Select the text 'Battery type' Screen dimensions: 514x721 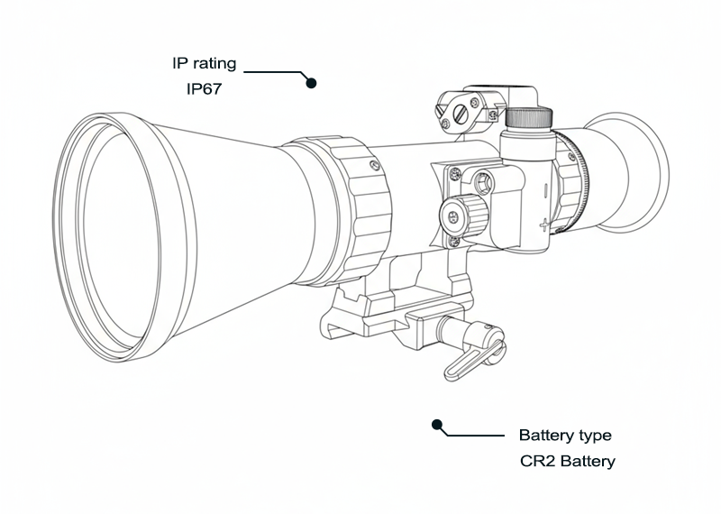(x=565, y=436)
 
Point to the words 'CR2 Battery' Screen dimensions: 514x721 (x=568, y=462)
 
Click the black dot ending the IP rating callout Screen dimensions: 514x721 (x=312, y=83)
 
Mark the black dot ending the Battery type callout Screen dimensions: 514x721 (x=438, y=424)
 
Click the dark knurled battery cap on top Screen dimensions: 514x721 (x=527, y=118)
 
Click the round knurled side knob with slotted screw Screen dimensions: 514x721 (x=461, y=214)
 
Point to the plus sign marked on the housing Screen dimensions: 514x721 (x=543, y=222)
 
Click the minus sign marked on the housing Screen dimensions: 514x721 (x=543, y=190)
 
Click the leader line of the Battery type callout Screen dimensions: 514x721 (x=473, y=436)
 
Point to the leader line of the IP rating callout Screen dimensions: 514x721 (x=275, y=69)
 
